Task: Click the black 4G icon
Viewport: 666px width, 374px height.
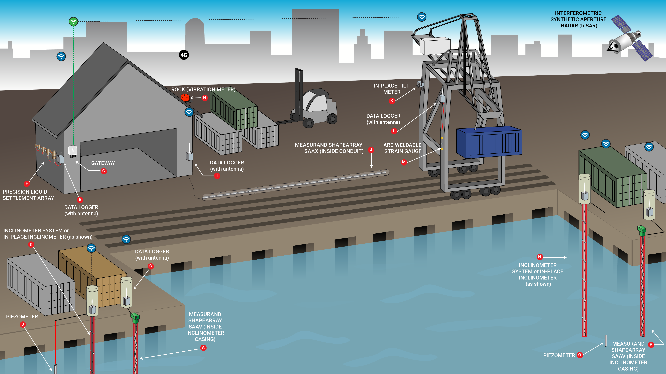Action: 184,55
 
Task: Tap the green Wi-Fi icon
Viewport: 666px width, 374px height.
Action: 73,21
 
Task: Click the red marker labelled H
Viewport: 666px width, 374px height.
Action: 205,98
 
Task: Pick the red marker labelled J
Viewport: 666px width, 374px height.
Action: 371,150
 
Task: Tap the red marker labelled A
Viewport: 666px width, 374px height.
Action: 203,348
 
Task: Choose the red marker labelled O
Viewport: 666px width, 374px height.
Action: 580,355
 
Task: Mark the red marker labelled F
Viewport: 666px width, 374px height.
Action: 27,184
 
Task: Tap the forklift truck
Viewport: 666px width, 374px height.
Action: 314,108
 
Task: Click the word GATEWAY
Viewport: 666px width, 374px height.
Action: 103,163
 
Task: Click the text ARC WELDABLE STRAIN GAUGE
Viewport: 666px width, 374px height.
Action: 403,148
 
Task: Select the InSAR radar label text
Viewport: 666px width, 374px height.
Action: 578,19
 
